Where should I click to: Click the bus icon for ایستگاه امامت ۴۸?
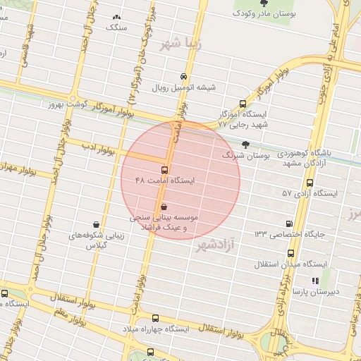(164, 170)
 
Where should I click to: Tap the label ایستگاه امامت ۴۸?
(164, 181)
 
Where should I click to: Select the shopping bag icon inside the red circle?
(164, 207)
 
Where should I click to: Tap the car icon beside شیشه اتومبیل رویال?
(183, 76)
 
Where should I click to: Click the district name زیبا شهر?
(180, 43)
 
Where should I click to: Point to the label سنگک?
(116, 27)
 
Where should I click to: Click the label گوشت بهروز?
(64, 104)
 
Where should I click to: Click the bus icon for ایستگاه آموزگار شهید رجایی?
(243, 103)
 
